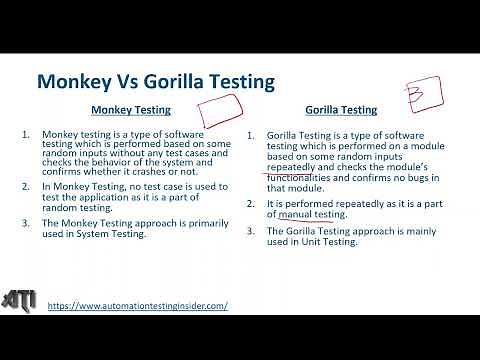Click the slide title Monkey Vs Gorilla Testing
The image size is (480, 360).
point(155,81)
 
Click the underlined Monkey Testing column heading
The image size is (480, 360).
point(131,110)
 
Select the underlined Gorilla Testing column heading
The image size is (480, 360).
point(341,110)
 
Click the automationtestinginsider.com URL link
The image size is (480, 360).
point(137,305)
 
